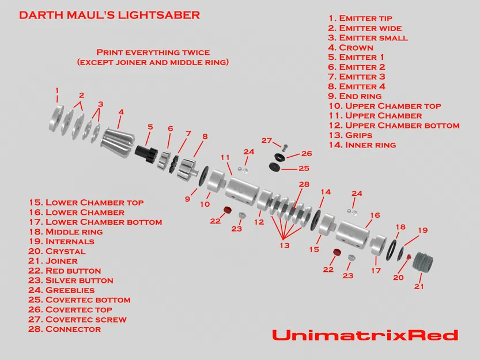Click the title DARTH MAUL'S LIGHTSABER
coord(109,15)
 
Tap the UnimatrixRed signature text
coord(365,335)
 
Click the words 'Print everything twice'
coord(153,52)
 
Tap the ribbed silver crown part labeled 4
coord(118,139)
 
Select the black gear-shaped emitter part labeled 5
coord(146,151)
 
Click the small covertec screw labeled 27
coord(278,147)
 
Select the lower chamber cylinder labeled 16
coord(352,233)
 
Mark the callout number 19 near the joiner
coord(423,230)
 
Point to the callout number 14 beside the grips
coord(326,192)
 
